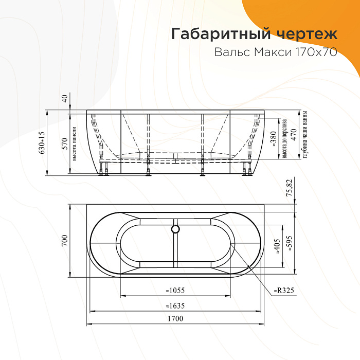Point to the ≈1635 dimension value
click(x=175, y=305)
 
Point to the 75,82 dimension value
click(x=290, y=189)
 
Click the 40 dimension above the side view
click(x=65, y=98)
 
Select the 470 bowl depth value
click(x=294, y=135)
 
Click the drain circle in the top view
click(x=175, y=229)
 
